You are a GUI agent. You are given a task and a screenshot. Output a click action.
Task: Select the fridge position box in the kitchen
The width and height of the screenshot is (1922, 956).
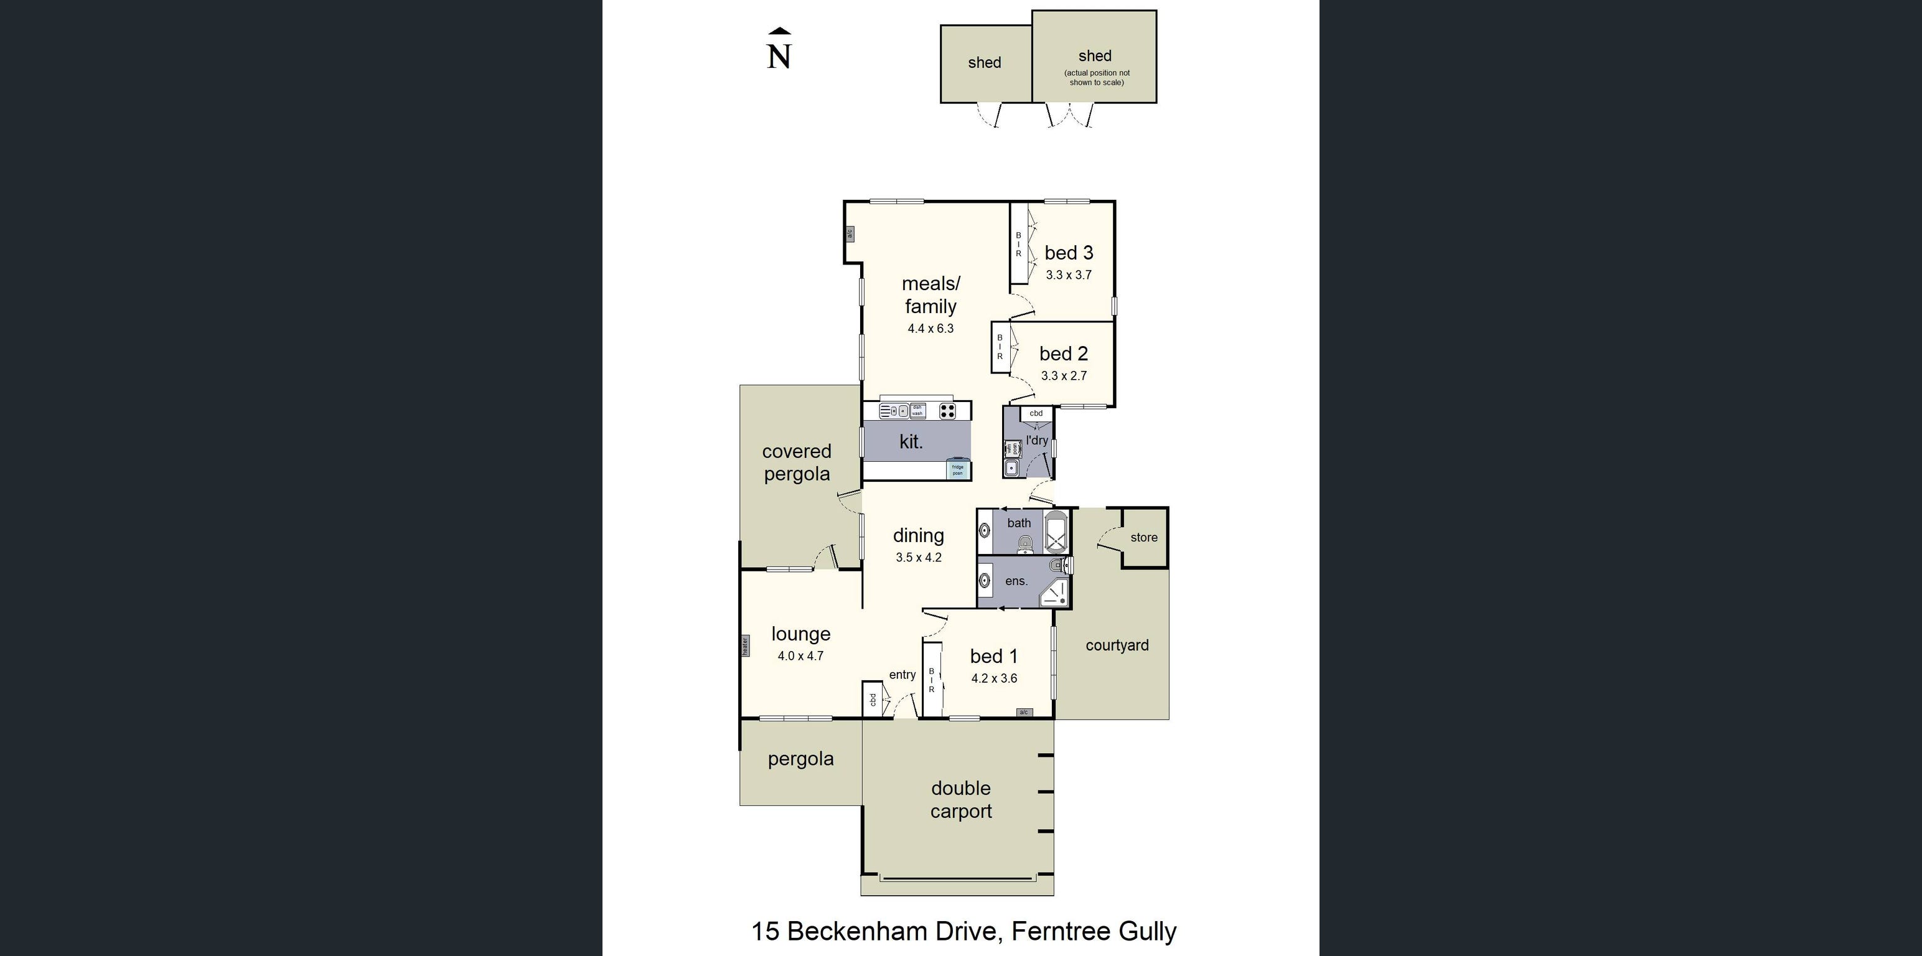click(957, 470)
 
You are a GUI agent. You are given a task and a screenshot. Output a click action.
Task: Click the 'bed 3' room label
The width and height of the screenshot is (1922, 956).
click(1069, 253)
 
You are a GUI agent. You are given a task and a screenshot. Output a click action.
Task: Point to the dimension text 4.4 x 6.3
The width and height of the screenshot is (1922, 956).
click(931, 329)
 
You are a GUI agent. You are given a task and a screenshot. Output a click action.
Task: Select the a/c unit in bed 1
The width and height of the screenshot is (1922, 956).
click(1024, 713)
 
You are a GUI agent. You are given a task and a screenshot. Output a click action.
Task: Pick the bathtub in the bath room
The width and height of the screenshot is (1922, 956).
click(1056, 532)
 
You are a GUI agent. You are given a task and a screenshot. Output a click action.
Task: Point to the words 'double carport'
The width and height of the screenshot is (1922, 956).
click(961, 799)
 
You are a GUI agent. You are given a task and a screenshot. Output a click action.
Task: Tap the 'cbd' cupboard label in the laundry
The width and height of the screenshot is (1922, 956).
click(1036, 413)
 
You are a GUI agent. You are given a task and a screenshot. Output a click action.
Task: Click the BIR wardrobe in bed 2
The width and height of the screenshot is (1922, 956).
click(1000, 347)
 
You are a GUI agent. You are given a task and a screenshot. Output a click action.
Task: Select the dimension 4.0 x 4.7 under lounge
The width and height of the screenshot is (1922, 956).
click(800, 656)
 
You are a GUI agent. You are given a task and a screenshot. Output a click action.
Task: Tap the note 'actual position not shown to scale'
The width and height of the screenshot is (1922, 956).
click(1096, 78)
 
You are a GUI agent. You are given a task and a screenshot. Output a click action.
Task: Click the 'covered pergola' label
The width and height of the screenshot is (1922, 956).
click(797, 462)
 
